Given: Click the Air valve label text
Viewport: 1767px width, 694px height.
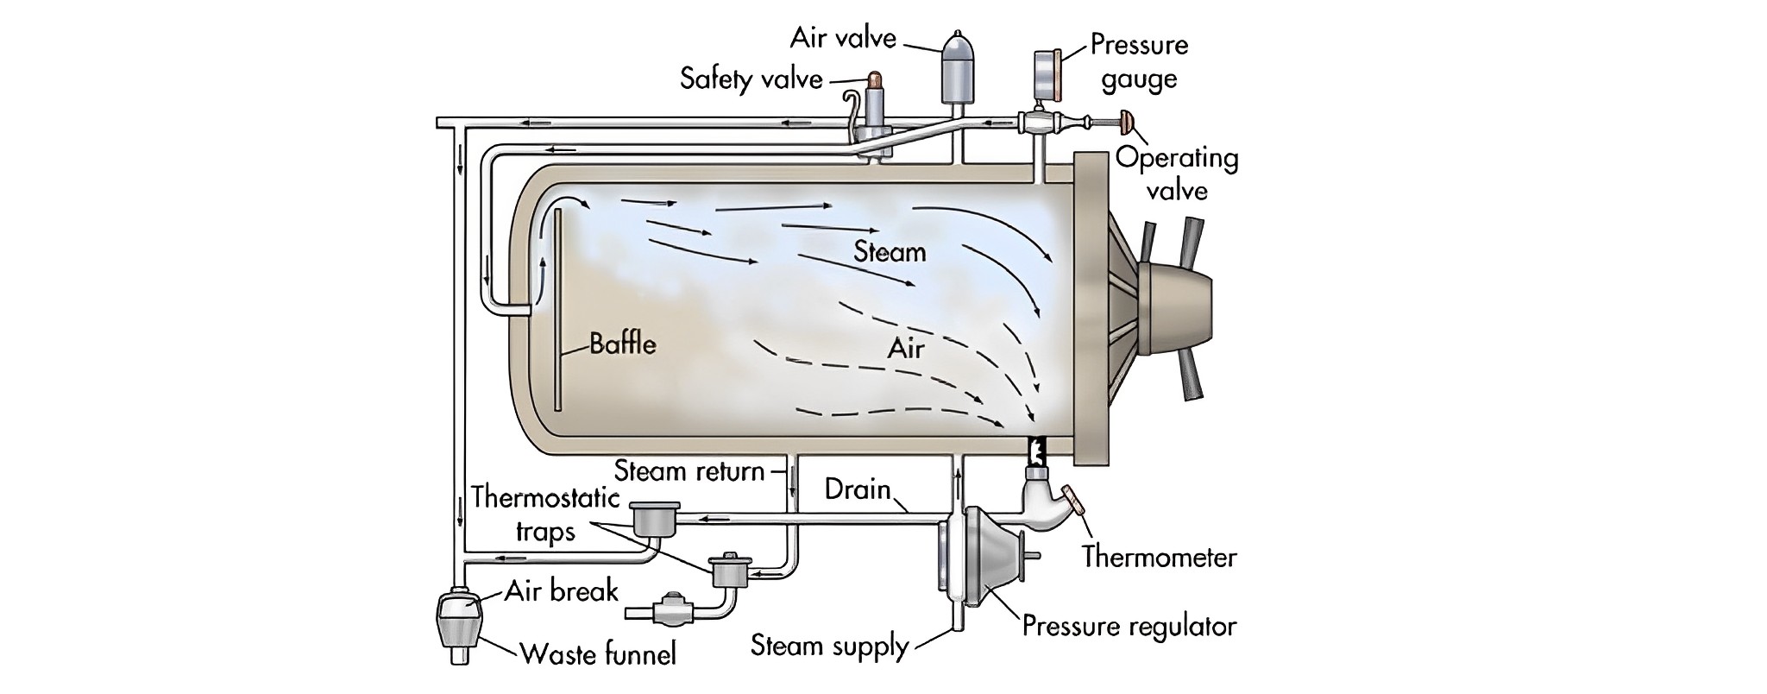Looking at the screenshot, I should (843, 39).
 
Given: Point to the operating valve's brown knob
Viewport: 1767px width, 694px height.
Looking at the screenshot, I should (1127, 123).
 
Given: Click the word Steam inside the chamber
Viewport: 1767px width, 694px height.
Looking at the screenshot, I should (890, 252).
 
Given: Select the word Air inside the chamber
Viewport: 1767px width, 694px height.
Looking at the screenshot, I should (905, 349).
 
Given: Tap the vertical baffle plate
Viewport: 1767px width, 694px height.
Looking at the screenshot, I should (558, 311).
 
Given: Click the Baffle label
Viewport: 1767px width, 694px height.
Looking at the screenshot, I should (622, 344).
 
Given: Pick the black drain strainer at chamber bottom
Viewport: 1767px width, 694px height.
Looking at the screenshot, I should (1037, 449).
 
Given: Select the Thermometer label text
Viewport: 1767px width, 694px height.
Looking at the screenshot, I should (1159, 558).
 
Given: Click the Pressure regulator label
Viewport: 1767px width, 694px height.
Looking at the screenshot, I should (1129, 626).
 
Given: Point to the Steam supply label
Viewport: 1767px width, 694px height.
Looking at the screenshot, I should (829, 646).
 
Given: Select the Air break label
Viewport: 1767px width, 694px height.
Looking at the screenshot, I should (562, 591).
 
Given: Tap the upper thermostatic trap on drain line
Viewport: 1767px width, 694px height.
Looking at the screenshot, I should (655, 519).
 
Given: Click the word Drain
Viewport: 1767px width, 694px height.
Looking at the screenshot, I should (857, 489).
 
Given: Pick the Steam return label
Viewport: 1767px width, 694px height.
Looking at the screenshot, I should (689, 471).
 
